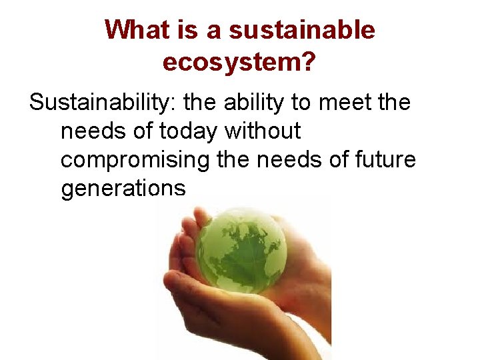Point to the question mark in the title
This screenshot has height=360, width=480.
tap(309, 62)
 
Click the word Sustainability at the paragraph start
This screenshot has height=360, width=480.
tap(101, 103)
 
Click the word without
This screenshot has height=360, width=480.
tap(263, 131)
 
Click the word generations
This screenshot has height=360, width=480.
tap(123, 189)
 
